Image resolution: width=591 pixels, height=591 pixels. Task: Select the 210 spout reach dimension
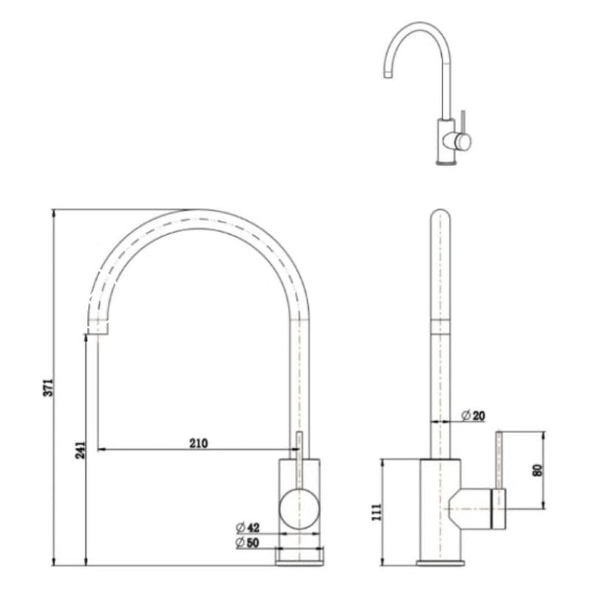point(198,443)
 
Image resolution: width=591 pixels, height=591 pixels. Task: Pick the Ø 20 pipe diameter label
point(474,417)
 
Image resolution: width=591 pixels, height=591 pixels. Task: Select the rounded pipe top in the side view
point(440,219)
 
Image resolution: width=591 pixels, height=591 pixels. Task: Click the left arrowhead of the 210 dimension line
point(102,448)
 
